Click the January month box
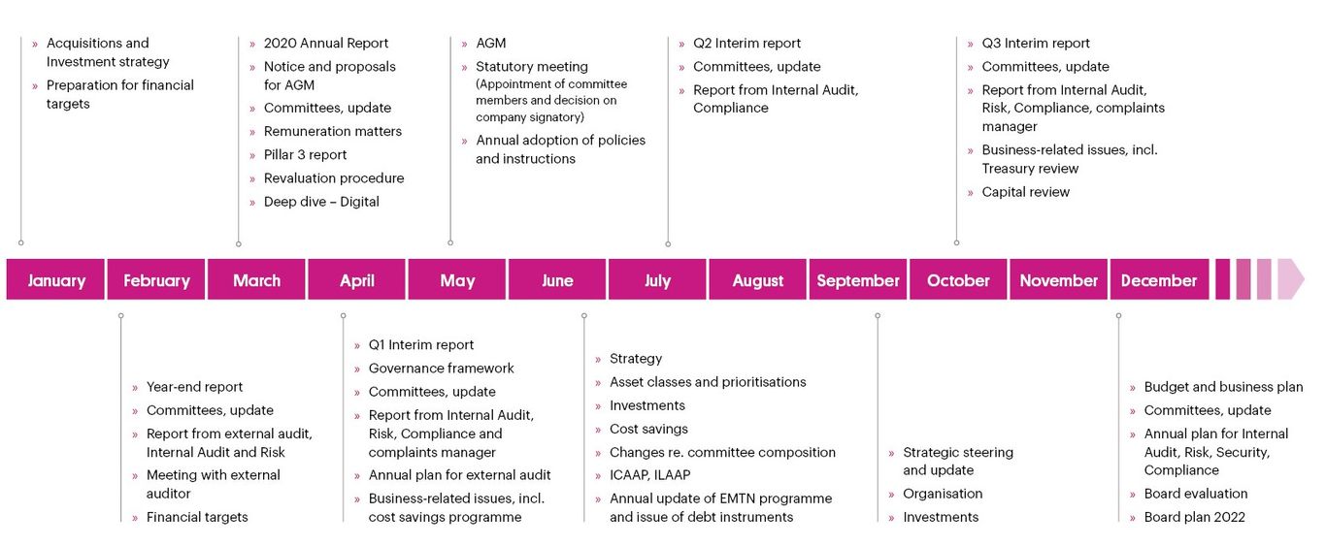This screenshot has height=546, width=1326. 55,279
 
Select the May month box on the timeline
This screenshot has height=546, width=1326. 457,279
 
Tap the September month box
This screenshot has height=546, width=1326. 858,279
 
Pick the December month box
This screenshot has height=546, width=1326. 1159,279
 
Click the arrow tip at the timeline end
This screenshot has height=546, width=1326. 1304,279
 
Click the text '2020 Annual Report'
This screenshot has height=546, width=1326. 325,44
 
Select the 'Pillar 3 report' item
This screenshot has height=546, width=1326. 305,155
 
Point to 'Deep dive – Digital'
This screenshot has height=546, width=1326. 321,202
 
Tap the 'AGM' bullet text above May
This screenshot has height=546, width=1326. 491,44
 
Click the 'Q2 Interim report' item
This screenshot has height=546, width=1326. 746,44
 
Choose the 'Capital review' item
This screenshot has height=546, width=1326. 1025,192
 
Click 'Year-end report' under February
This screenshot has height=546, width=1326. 194,387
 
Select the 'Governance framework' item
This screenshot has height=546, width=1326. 441,369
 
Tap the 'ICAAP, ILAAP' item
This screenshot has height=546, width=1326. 650,475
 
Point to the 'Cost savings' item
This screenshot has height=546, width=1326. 648,429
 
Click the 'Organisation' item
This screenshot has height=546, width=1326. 943,494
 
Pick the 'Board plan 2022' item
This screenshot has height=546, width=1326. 1195,517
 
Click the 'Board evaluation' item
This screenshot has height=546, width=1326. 1196,494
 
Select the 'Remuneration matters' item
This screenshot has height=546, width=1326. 333,131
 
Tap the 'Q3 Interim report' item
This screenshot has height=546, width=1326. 1036,44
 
